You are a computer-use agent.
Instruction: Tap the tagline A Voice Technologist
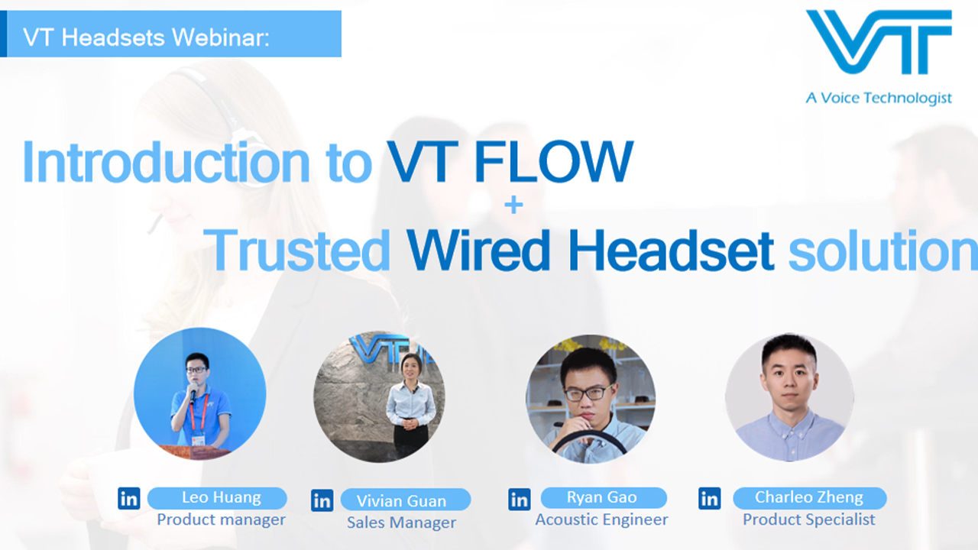pyautogui.click(x=879, y=98)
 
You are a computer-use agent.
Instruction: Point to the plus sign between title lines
pyautogui.click(x=513, y=205)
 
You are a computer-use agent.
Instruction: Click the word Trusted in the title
pyautogui.click(x=298, y=251)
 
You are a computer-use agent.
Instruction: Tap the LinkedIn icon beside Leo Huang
pyautogui.click(x=129, y=499)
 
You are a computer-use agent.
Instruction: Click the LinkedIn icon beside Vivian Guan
pyautogui.click(x=322, y=500)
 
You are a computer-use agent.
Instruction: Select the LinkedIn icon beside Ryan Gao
pyautogui.click(x=519, y=500)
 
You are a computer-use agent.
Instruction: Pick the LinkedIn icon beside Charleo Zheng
pyautogui.click(x=709, y=499)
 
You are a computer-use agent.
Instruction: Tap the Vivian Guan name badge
pyautogui.click(x=403, y=501)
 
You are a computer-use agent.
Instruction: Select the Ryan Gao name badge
pyautogui.click(x=602, y=498)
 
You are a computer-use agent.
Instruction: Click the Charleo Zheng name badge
pyautogui.click(x=809, y=498)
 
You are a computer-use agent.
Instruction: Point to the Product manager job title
pyautogui.click(x=221, y=519)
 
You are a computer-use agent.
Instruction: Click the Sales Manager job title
pyautogui.click(x=401, y=522)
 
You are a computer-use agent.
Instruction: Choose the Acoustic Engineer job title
pyautogui.click(x=601, y=519)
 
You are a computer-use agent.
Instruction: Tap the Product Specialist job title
pyautogui.click(x=809, y=519)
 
